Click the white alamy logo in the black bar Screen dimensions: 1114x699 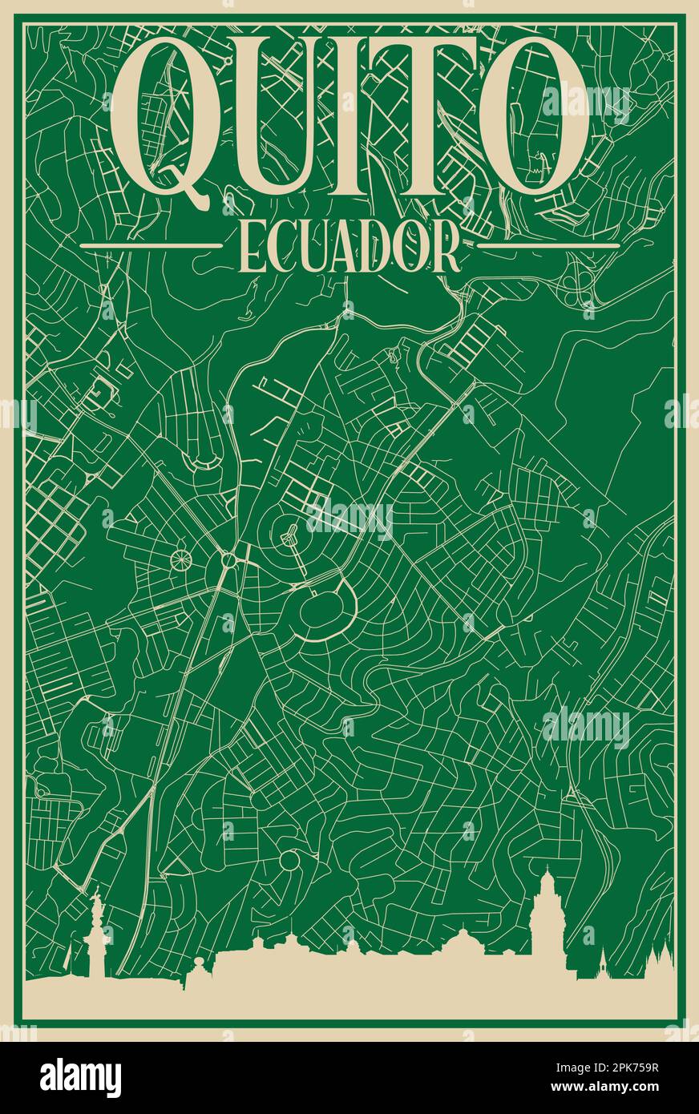tap(80, 1078)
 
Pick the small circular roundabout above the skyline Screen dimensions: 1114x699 tap(289, 862)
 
